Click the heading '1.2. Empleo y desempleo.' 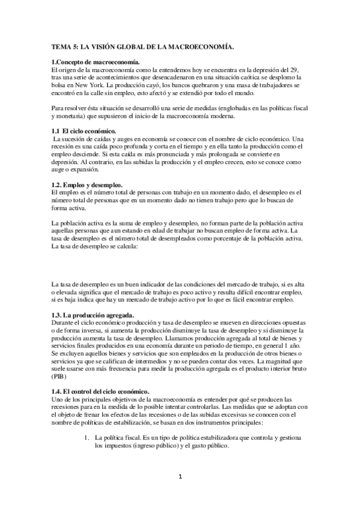coord(88,183)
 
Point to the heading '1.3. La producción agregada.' coord(93,315)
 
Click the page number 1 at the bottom coord(180,477)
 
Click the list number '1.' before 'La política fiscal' coord(87,438)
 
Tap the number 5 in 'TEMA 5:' coord(80,46)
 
